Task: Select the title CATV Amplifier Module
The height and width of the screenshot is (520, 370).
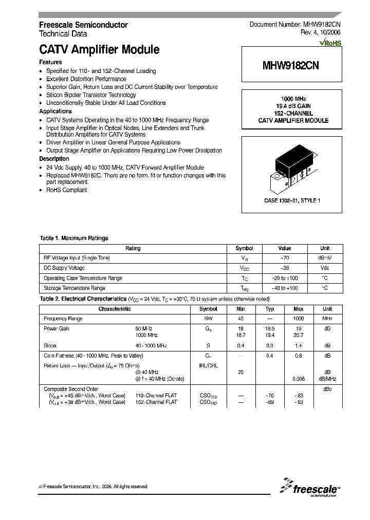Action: (99, 50)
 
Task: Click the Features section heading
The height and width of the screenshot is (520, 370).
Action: (50, 62)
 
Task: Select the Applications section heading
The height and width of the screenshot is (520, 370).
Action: (55, 111)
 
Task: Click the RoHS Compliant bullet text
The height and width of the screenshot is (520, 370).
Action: (67, 190)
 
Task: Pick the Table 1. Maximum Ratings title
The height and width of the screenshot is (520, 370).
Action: (74, 238)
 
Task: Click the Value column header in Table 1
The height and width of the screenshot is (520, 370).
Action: (284, 248)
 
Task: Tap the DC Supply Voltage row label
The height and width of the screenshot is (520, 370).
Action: (64, 268)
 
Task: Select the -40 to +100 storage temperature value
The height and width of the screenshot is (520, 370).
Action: (284, 288)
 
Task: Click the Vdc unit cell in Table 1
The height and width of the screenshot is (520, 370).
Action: (325, 268)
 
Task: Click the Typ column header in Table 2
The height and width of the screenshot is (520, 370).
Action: (269, 309)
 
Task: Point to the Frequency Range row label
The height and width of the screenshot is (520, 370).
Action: (63, 319)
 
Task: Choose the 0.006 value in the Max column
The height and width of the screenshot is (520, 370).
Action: (298, 379)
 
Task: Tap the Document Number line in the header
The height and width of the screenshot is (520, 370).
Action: (295, 25)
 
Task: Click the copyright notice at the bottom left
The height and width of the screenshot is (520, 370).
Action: (94, 487)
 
